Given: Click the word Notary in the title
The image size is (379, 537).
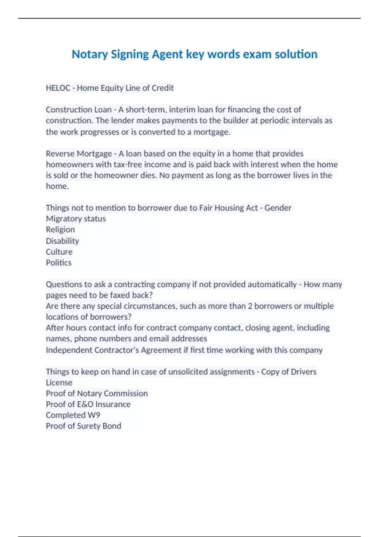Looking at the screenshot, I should pos(90,54).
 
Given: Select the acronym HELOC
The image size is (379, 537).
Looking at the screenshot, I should pos(58,88).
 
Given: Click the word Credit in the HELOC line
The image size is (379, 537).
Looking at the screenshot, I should pos(163,88).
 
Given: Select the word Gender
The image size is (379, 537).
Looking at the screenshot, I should pos(278,208).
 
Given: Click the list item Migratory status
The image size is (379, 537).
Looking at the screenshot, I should pos(76,219).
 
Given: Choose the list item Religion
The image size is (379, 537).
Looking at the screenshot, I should pos(60,230).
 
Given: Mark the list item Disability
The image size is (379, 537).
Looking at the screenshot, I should pos(62,241).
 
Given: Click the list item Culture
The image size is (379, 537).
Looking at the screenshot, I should pos(59,252).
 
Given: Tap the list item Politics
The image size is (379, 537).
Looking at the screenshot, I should pos(59,262).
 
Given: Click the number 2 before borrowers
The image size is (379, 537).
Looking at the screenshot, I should pos(250,306).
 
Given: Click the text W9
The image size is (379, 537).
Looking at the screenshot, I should pos(94,415).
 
